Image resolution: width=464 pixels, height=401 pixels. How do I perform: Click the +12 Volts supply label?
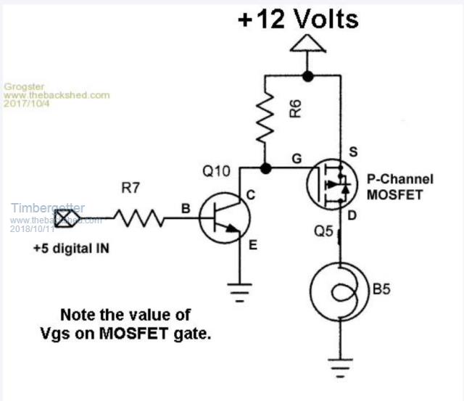click(x=298, y=19)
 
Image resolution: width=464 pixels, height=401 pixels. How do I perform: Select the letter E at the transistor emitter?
click(x=252, y=244)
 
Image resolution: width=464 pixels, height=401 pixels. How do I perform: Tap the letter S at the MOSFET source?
click(x=355, y=152)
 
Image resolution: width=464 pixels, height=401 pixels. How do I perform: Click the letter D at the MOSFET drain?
click(x=353, y=215)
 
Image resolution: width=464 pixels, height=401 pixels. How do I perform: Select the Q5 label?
click(x=324, y=233)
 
